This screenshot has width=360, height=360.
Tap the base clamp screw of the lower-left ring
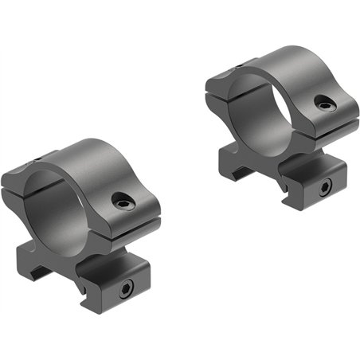click(124, 288)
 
